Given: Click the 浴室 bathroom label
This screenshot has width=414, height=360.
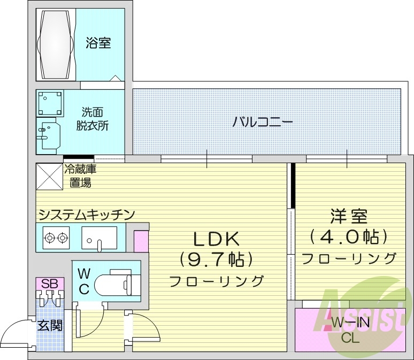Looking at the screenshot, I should coord(98,43).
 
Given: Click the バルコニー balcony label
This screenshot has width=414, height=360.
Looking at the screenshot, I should coord(262,122).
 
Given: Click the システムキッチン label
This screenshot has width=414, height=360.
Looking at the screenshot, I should coord(86,215).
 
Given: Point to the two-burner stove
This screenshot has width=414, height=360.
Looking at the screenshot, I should coord(57,236).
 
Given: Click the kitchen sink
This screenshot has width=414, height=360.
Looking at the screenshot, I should coord(99,237).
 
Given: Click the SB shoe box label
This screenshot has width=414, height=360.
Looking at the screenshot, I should coord(49,284).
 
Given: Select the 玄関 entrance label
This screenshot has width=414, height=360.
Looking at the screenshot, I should coord(49,324).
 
